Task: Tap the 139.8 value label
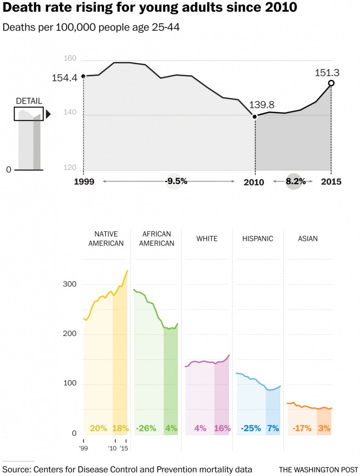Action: point(262,105)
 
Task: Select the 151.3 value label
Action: point(327,73)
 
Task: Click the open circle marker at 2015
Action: point(331,83)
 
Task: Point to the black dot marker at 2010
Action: point(255,116)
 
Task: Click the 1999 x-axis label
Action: point(84,182)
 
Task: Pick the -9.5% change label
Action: point(176,181)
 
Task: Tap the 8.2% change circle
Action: point(295,181)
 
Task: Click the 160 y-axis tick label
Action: point(70,59)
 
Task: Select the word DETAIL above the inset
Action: point(29,101)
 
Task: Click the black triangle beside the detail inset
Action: point(48,114)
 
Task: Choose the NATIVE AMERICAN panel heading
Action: point(106,238)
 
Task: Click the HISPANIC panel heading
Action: point(257,238)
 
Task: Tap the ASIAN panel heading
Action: point(308,238)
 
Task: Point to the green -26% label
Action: point(146,428)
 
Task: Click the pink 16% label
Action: point(222,428)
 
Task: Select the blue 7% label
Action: point(273,428)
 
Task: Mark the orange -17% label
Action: point(302,428)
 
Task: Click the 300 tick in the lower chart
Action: point(69,284)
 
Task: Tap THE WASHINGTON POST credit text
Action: point(318,469)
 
